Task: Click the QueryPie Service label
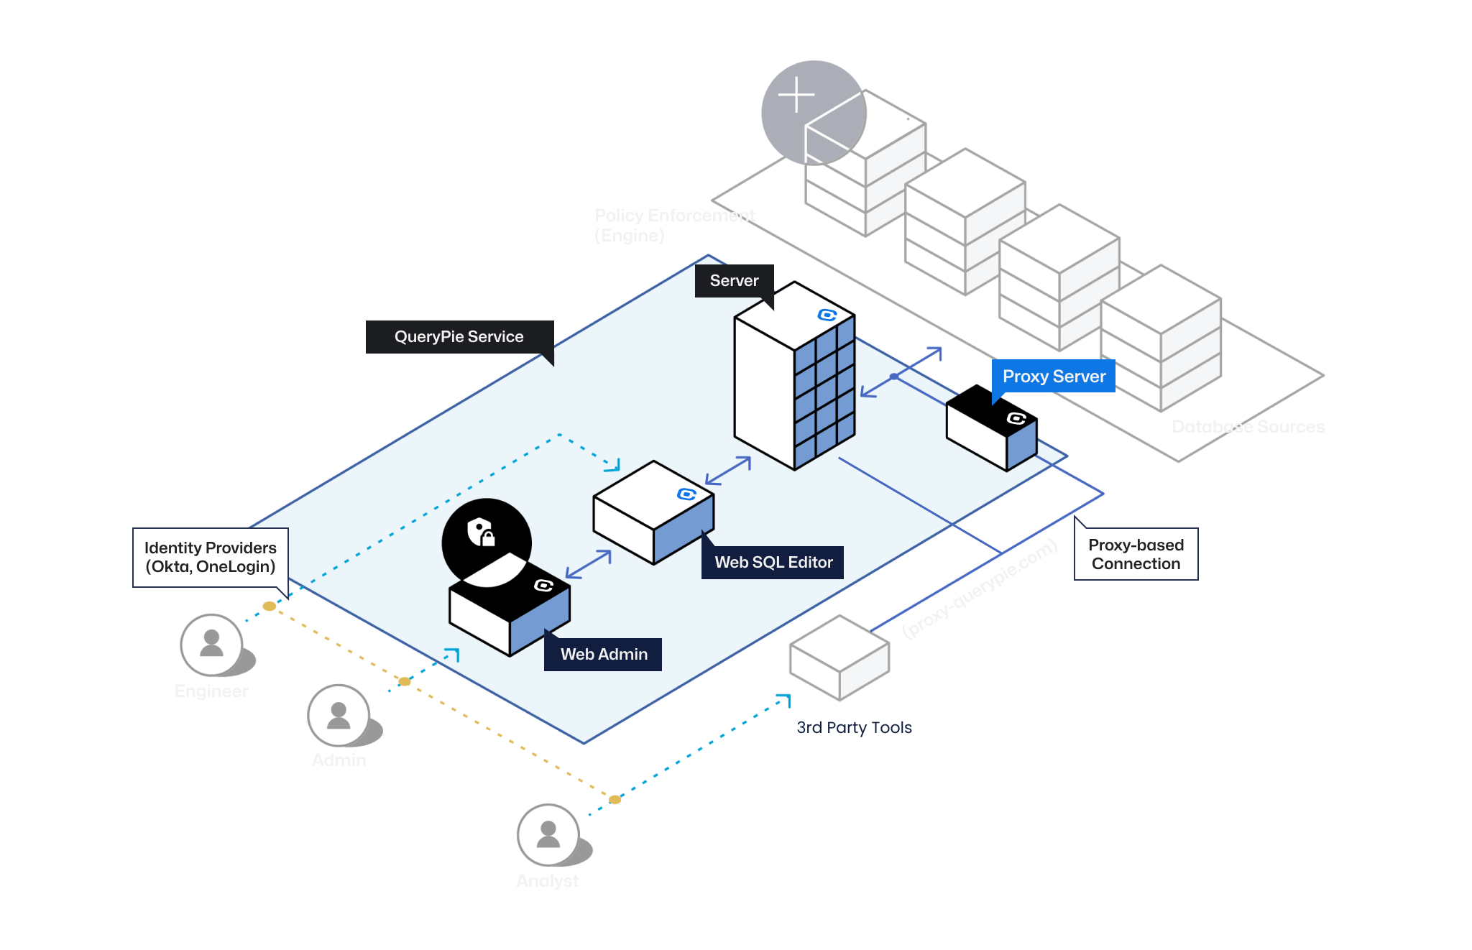click(x=459, y=337)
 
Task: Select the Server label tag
click(x=734, y=281)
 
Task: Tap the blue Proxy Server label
click(x=1054, y=377)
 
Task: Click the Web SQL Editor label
click(x=773, y=563)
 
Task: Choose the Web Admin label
click(x=604, y=655)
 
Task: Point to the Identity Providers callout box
click(x=211, y=558)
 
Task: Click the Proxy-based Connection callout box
click(x=1136, y=555)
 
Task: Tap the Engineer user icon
click(x=211, y=645)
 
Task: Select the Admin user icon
click(x=339, y=715)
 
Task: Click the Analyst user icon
click(x=548, y=834)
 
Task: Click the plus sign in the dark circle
click(x=796, y=96)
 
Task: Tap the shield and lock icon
click(x=481, y=532)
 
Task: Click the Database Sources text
click(x=1248, y=427)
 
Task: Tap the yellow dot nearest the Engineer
click(x=270, y=607)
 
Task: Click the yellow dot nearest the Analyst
click(x=615, y=799)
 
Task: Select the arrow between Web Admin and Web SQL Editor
click(x=589, y=564)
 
